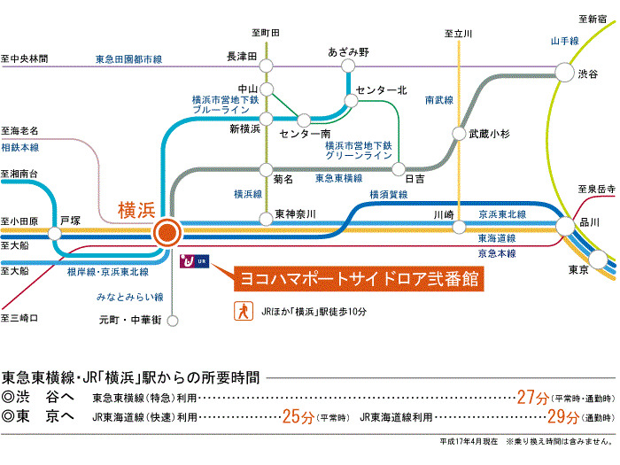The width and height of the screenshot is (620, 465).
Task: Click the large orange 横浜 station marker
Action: (167, 233)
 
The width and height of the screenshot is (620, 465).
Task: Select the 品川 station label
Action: (590, 221)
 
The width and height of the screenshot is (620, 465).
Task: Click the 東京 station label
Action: (578, 269)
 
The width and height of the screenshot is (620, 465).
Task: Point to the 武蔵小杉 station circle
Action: (459, 134)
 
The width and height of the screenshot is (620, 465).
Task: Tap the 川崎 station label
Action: (444, 214)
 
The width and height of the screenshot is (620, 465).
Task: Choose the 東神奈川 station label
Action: (296, 213)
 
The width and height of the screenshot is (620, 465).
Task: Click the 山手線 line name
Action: (564, 41)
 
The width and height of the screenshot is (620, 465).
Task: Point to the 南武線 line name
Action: (439, 101)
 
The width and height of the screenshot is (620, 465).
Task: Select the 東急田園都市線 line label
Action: (129, 59)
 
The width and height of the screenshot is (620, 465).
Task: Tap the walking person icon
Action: (239, 311)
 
